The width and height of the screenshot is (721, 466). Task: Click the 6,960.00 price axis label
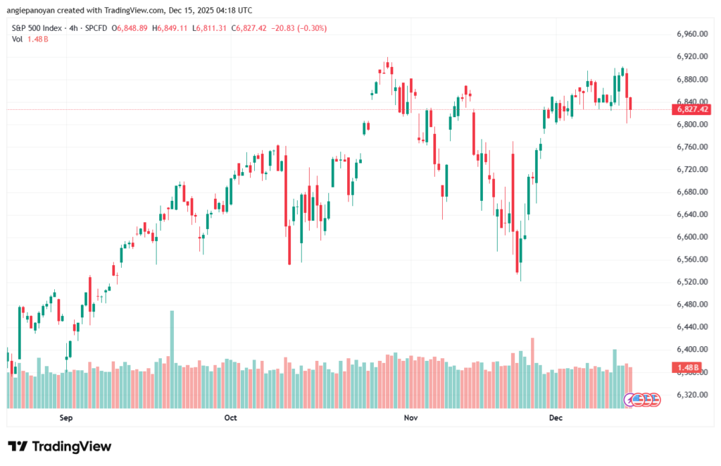tap(691, 34)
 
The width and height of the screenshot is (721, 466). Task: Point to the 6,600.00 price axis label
tap(691, 237)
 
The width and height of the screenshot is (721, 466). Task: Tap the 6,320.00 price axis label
tap(691, 395)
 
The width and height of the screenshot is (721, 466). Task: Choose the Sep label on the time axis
tap(65, 418)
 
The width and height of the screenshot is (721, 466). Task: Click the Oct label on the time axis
tap(230, 418)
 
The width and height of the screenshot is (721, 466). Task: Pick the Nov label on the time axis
tap(411, 418)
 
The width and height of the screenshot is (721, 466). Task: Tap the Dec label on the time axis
tap(556, 418)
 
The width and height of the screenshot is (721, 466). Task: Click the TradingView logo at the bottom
tap(60, 446)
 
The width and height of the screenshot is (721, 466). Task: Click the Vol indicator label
tap(18, 39)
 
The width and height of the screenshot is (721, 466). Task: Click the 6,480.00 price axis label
tap(691, 305)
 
